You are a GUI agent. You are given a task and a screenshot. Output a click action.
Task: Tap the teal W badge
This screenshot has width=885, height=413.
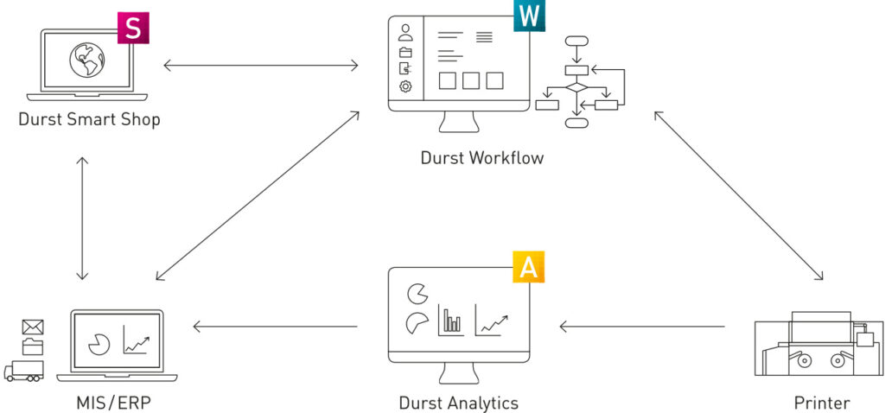pos(530,16)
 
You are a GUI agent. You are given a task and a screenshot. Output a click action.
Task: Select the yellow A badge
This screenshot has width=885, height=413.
pos(528,267)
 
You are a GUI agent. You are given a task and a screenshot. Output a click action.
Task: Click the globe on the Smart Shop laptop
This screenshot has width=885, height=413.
pos(87,60)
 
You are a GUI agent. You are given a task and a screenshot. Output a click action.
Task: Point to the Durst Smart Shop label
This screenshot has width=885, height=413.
pos(89,119)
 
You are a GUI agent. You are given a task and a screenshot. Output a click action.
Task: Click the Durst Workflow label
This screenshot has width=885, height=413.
pos(482,157)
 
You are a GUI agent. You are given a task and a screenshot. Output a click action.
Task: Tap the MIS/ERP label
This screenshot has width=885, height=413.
pos(114,403)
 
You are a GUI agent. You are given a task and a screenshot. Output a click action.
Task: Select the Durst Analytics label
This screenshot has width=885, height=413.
pos(458,403)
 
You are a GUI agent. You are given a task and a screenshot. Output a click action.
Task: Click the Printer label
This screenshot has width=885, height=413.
pos(821,403)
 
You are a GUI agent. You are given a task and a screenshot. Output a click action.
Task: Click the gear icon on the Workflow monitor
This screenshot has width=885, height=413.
pos(405,86)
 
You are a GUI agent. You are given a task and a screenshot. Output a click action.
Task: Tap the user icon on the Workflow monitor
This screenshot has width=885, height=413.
pos(405,33)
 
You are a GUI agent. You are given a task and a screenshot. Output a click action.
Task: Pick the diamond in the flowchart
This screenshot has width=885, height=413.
pos(576,87)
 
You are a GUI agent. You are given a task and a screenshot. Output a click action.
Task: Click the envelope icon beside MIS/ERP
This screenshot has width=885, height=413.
pos(33,327)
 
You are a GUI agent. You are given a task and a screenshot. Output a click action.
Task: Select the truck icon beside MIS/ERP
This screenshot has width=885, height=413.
pos(23,370)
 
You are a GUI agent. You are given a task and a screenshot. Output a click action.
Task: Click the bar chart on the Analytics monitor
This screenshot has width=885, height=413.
pos(451,321)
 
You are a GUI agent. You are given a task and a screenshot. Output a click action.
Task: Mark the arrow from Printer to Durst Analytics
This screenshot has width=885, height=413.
pos(642,326)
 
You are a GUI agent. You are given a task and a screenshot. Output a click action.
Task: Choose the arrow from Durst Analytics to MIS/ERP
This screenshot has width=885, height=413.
pos(276,326)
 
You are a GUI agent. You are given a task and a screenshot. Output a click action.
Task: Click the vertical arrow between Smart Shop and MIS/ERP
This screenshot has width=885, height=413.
pos(82,219)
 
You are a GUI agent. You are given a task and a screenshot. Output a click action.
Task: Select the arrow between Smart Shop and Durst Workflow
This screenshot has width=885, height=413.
pos(261,66)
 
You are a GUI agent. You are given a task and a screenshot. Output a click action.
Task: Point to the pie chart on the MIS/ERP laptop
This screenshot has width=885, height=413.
pos(99,344)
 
